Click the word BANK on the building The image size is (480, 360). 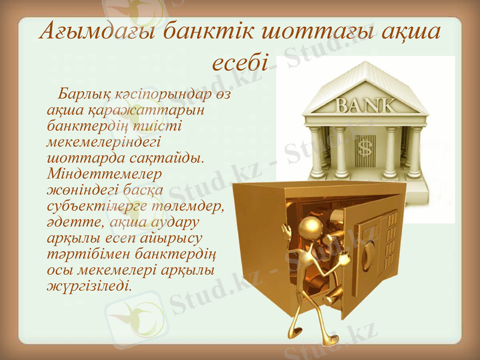click(x=365, y=106)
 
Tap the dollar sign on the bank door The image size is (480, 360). click(x=364, y=146)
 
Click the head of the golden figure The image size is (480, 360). click(x=310, y=227)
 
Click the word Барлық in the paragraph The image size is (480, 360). click(x=83, y=95)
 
